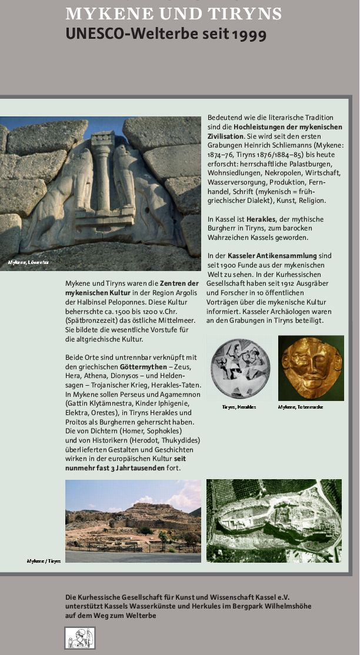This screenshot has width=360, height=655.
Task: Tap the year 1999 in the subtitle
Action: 249,35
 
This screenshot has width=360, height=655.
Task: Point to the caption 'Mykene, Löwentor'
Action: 28,262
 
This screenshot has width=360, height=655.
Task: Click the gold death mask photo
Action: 311,368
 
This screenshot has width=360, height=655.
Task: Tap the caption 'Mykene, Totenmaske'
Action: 301,407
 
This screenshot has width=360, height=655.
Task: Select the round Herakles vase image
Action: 240,369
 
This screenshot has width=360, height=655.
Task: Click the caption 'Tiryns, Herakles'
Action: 239,407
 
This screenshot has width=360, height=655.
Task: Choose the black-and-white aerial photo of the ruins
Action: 274,520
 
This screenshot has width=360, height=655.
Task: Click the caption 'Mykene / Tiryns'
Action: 44,561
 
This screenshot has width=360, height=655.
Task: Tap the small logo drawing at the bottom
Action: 79,638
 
